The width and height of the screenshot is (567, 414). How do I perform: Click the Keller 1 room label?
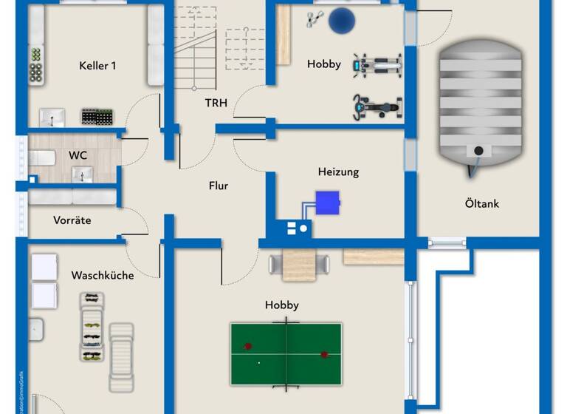coord(97,66)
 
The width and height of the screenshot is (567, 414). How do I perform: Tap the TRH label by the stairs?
coord(216,103)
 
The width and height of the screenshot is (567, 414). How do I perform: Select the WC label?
coord(78,155)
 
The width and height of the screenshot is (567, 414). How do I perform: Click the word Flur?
coord(219,186)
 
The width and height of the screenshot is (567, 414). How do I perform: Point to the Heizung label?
coord(338,172)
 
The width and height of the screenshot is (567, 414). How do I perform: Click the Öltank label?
coord(481,203)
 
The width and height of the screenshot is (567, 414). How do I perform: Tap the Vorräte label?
coord(72,220)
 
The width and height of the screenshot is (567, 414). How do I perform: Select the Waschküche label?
coord(103,275)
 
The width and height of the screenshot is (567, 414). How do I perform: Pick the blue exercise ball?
coord(341,21)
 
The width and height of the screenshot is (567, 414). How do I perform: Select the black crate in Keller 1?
coord(97,117)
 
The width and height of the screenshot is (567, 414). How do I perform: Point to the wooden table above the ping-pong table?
coord(299,265)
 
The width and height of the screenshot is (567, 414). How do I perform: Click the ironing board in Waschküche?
coord(122,356)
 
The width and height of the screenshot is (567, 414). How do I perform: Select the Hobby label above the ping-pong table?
coord(282,305)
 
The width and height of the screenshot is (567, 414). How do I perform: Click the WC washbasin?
coord(82,174)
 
